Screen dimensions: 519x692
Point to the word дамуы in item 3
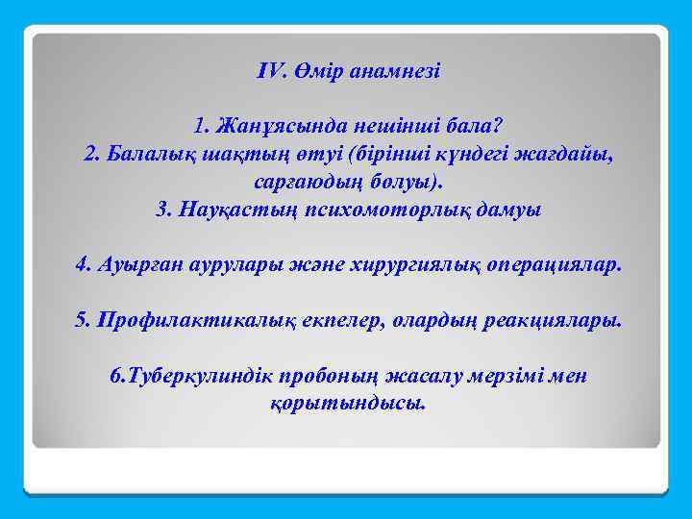511,210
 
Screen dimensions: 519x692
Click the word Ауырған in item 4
136,265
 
